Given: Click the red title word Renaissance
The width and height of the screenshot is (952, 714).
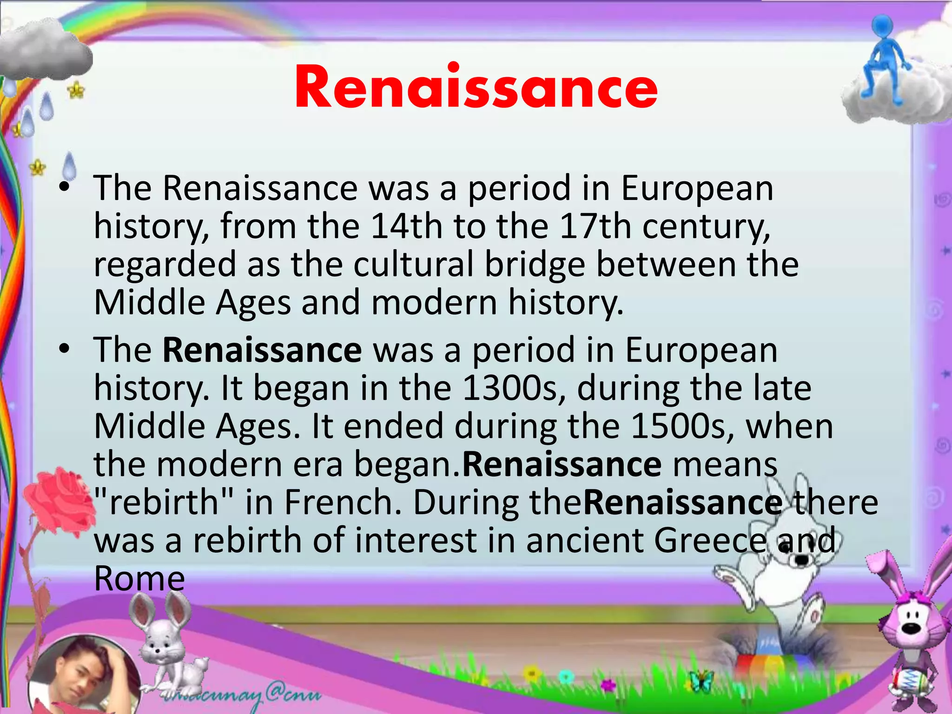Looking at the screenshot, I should coord(476,87).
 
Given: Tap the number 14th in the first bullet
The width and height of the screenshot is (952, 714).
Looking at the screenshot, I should coord(406,226).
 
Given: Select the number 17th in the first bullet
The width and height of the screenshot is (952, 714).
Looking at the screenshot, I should coord(595,226).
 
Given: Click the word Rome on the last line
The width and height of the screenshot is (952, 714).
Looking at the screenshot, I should coord(139,579).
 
